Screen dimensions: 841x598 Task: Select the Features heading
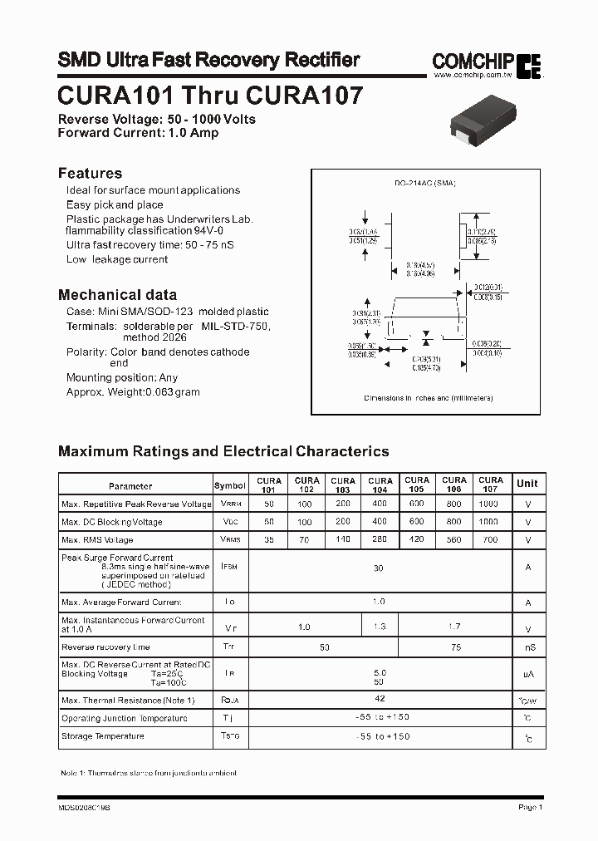pos(90,173)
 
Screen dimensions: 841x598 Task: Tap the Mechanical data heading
pos(117,294)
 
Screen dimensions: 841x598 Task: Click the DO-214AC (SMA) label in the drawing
pos(426,182)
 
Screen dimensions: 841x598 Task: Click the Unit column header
pos(527,483)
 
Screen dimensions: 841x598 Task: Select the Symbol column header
pos(230,486)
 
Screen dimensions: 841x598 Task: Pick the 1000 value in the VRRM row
pos(489,504)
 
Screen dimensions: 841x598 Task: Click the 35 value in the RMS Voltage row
pos(268,539)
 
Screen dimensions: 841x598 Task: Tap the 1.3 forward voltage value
pos(380,627)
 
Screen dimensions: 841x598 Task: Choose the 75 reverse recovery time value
pos(454,647)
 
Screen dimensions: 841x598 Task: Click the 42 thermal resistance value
pos(380,700)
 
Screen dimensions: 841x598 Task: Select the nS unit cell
pos(527,647)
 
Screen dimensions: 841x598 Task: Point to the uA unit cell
pos(527,675)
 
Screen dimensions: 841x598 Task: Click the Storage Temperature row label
pos(103,736)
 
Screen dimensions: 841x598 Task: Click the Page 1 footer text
pos(529,807)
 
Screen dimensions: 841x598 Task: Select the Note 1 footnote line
pos(149,773)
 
